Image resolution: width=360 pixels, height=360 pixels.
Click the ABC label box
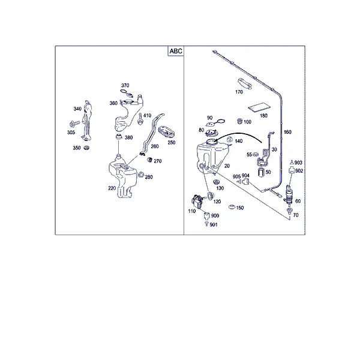[176, 51]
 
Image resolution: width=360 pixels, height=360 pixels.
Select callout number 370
[125, 85]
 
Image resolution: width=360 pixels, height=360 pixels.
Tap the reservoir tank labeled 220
[122, 176]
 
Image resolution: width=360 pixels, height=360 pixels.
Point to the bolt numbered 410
[140, 119]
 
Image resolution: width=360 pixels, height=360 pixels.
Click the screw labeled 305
[74, 124]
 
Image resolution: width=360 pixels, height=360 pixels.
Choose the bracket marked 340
[87, 120]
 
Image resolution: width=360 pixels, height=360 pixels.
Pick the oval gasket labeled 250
[167, 132]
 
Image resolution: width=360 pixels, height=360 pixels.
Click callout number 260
[155, 146]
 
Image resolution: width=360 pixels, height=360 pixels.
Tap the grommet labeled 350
[86, 148]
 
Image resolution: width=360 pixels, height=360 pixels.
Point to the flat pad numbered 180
[259, 107]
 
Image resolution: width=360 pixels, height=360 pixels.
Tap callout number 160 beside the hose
[287, 132]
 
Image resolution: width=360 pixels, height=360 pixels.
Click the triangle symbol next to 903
[292, 163]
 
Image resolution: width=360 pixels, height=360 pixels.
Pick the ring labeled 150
[232, 207]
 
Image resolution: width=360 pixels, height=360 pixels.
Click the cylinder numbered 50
[261, 172]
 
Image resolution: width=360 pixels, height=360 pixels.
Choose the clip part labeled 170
[245, 83]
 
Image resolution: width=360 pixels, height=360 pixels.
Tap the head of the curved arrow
[217, 139]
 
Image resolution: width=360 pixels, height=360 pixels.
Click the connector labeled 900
[206, 215]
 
